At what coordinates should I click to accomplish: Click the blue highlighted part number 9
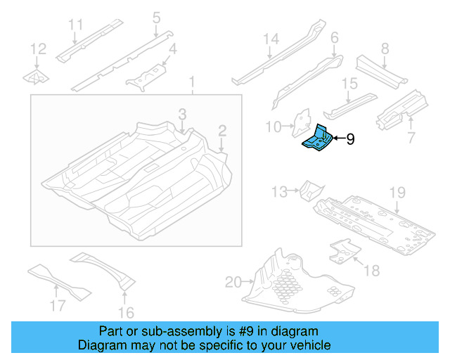pyautogui.click(x=316, y=138)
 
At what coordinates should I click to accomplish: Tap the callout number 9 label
pyautogui.click(x=349, y=140)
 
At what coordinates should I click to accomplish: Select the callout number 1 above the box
pyautogui.click(x=191, y=85)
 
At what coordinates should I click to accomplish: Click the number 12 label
pyautogui.click(x=38, y=49)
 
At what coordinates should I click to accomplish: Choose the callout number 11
pyautogui.click(x=76, y=26)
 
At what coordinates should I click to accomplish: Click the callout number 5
pyautogui.click(x=156, y=17)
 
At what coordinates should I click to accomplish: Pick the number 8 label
pyautogui.click(x=385, y=49)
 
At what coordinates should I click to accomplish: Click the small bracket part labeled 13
pyautogui.click(x=309, y=189)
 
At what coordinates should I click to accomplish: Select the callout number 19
pyautogui.click(x=397, y=192)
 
